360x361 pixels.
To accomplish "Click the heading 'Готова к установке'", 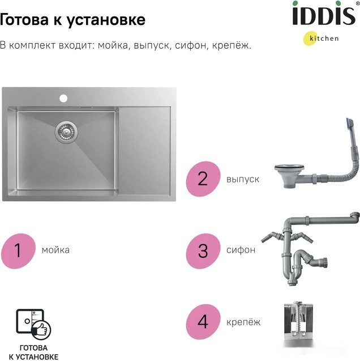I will (72, 20).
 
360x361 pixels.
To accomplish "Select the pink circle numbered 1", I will (18, 249).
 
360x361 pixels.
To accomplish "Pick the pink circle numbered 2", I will (203, 179).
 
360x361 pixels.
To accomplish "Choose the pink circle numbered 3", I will (203, 249).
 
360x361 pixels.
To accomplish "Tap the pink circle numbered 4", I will (203, 322).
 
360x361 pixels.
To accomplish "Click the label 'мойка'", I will (55, 249).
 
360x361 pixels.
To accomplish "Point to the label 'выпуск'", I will (243, 179).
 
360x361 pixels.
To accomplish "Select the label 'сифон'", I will (241, 249).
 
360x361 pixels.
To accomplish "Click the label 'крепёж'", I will (243, 322).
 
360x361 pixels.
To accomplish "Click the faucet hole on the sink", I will (63, 98).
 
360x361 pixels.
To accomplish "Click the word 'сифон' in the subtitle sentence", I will (186, 45).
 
